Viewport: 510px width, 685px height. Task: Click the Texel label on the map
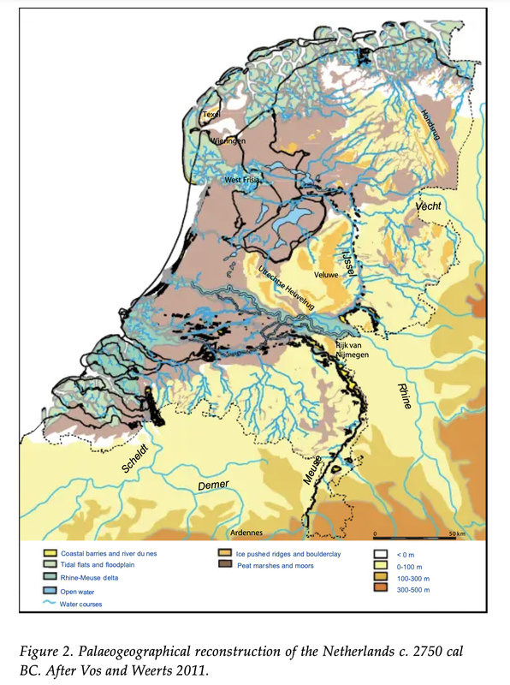[x=211, y=114]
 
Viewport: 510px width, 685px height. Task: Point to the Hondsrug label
[x=430, y=125]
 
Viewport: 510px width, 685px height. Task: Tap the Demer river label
[x=214, y=485]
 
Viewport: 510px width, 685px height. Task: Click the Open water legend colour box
[x=51, y=590]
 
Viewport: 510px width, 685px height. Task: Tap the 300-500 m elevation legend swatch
[x=381, y=590]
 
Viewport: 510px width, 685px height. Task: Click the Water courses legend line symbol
[x=51, y=604]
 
